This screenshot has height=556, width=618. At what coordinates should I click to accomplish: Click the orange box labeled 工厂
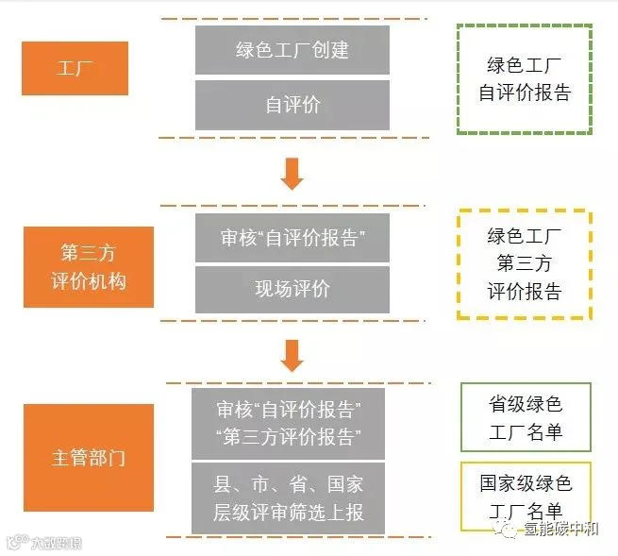point(75,69)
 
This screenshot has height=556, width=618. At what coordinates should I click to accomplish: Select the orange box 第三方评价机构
point(89,267)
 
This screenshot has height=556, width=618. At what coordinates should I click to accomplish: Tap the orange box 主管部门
point(89,460)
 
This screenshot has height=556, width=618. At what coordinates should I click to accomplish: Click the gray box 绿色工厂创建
point(292,49)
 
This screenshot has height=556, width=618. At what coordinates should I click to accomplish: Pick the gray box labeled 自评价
point(292,105)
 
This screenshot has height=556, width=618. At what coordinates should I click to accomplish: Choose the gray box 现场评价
point(292,289)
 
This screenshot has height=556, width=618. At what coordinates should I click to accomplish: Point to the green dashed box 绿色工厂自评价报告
point(524,79)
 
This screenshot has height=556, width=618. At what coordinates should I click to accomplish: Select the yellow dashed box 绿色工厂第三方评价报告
point(524,264)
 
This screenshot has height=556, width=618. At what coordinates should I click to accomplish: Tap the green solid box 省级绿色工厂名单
point(526,417)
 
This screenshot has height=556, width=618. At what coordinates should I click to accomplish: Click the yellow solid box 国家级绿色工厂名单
point(526,496)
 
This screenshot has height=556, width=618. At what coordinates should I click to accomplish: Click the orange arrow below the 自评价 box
point(292,172)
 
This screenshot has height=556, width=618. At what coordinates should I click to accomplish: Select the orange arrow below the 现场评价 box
point(292,354)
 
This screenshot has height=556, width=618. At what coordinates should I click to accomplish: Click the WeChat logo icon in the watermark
point(512,531)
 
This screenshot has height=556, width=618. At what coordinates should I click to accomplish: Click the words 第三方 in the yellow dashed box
point(524,264)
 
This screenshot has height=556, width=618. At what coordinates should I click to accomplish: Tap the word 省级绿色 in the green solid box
point(526,405)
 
